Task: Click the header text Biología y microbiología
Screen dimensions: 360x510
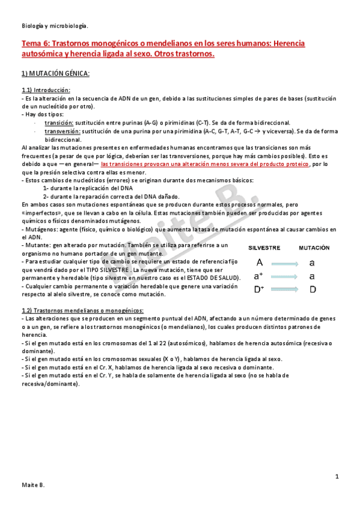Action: pyautogui.click(x=54, y=25)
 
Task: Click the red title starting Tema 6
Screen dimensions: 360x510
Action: pyautogui.click(x=162, y=49)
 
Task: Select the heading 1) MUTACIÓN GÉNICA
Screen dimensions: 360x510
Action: pyautogui.click(x=55, y=73)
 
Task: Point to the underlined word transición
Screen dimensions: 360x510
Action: pyautogui.click(x=63, y=123)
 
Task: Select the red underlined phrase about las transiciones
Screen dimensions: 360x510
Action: pyautogui.click(x=206, y=163)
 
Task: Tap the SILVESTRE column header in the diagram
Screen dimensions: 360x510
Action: pyautogui.click(x=265, y=248)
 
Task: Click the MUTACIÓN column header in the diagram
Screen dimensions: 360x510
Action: pyautogui.click(x=314, y=248)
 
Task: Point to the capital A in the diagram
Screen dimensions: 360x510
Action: pyautogui.click(x=259, y=263)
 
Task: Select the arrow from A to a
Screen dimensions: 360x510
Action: pyautogui.click(x=285, y=263)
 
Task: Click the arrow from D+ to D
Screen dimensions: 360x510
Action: pyautogui.click(x=285, y=290)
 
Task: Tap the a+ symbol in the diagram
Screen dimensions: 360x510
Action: pyautogui.click(x=259, y=277)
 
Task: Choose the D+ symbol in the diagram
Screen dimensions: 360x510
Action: pyautogui.click(x=259, y=290)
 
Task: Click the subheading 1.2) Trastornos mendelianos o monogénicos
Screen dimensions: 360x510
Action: pyautogui.click(x=87, y=310)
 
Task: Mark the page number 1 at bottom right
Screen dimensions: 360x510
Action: pyautogui.click(x=338, y=477)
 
